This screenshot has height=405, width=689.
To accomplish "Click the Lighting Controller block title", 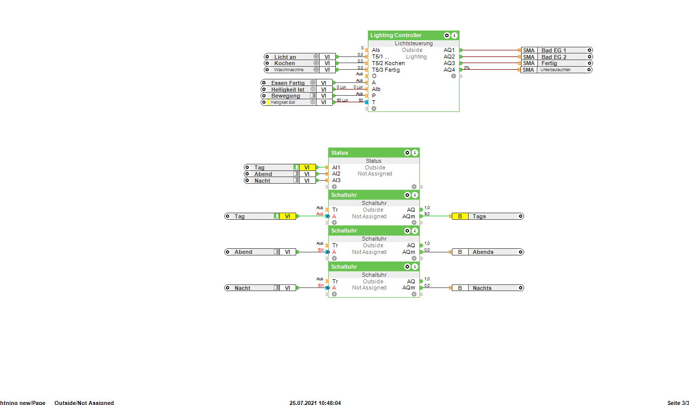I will pyautogui.click(x=396, y=36).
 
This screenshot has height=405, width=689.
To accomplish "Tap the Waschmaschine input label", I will pyautogui.click(x=289, y=70).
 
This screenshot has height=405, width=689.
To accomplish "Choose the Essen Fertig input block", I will pyautogui.click(x=288, y=83).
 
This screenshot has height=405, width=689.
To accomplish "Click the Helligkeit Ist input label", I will pyautogui.click(x=288, y=90).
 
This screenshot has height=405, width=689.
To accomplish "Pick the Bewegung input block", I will pyautogui.click(x=285, y=96).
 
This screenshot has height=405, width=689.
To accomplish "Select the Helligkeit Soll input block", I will pyautogui.click(x=283, y=102).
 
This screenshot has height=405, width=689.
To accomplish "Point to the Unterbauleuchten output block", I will pyautogui.click(x=555, y=70).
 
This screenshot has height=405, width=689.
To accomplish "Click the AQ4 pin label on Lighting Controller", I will pyautogui.click(x=449, y=70).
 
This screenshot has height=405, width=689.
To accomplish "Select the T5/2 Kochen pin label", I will pyautogui.click(x=388, y=63).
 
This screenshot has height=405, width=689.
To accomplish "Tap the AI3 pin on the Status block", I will pyautogui.click(x=336, y=180).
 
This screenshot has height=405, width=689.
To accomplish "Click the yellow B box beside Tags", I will pyautogui.click(x=460, y=216).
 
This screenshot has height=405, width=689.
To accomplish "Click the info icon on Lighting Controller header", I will pyautogui.click(x=454, y=36).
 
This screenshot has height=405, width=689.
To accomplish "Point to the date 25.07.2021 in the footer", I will pyautogui.click(x=304, y=403).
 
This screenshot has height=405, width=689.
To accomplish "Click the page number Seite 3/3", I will pyautogui.click(x=678, y=403).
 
